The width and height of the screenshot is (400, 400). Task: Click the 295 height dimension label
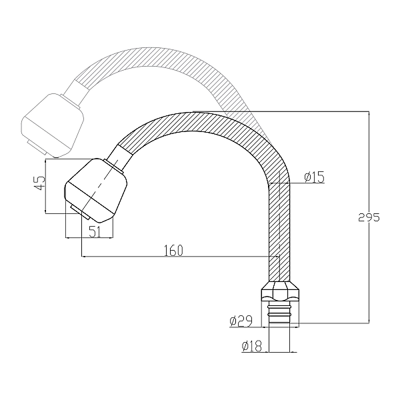369,217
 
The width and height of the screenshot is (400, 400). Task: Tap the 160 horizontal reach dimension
173,250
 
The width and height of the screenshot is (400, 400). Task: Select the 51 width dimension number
95,231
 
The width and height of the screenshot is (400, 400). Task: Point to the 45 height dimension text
41,183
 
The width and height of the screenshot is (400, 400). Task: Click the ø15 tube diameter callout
314,177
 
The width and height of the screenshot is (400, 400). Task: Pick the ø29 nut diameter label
241,321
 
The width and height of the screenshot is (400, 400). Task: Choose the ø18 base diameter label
252,346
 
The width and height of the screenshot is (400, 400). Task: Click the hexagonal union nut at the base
280,291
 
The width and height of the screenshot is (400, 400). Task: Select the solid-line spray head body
95,190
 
